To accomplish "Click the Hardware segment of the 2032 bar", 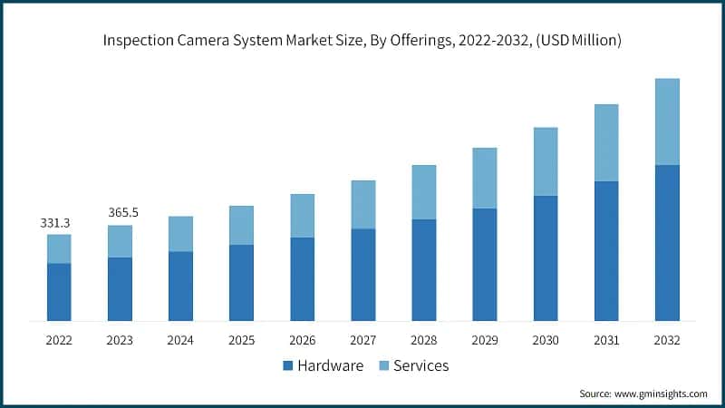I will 667,243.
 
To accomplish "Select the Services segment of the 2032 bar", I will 667,121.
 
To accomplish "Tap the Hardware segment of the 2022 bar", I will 59,292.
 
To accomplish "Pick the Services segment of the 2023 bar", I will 120,241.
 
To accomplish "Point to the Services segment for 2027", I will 362,204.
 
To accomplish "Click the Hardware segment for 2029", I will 485,265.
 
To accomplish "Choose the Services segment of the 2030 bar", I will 546,161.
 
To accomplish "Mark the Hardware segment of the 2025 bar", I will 241,283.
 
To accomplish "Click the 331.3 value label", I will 56,222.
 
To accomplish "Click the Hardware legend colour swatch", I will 288,365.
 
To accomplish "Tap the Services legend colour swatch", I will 383,365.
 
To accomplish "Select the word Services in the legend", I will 421,365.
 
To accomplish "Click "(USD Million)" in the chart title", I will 577,40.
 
